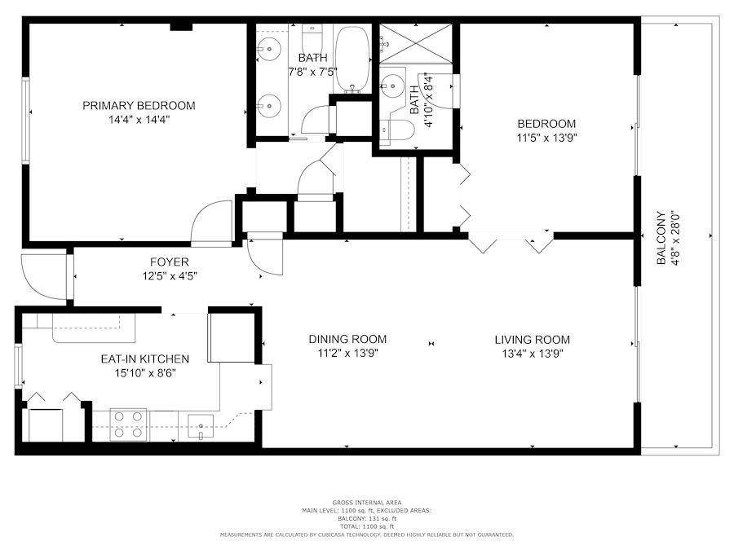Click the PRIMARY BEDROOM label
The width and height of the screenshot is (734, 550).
pyautogui.click(x=139, y=105)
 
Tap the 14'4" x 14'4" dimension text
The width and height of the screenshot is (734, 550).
pyautogui.click(x=139, y=120)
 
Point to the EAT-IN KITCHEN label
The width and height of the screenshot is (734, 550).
pyautogui.click(x=144, y=359)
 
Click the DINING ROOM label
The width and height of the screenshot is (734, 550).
pyautogui.click(x=347, y=339)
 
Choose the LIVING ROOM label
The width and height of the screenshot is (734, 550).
pyautogui.click(x=532, y=339)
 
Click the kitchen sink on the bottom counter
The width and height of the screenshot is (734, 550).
pyautogui.click(x=201, y=425)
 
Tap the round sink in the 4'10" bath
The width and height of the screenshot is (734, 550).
pyautogui.click(x=393, y=83)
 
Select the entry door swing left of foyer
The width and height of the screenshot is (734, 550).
pyautogui.click(x=42, y=277)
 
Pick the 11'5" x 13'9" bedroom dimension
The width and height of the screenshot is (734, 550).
pyautogui.click(x=546, y=139)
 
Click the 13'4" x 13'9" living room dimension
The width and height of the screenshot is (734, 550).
pyautogui.click(x=532, y=354)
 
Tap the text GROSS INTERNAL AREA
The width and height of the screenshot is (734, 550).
pyautogui.click(x=366, y=502)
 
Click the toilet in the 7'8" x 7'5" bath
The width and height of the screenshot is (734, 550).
pyautogui.click(x=311, y=38)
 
